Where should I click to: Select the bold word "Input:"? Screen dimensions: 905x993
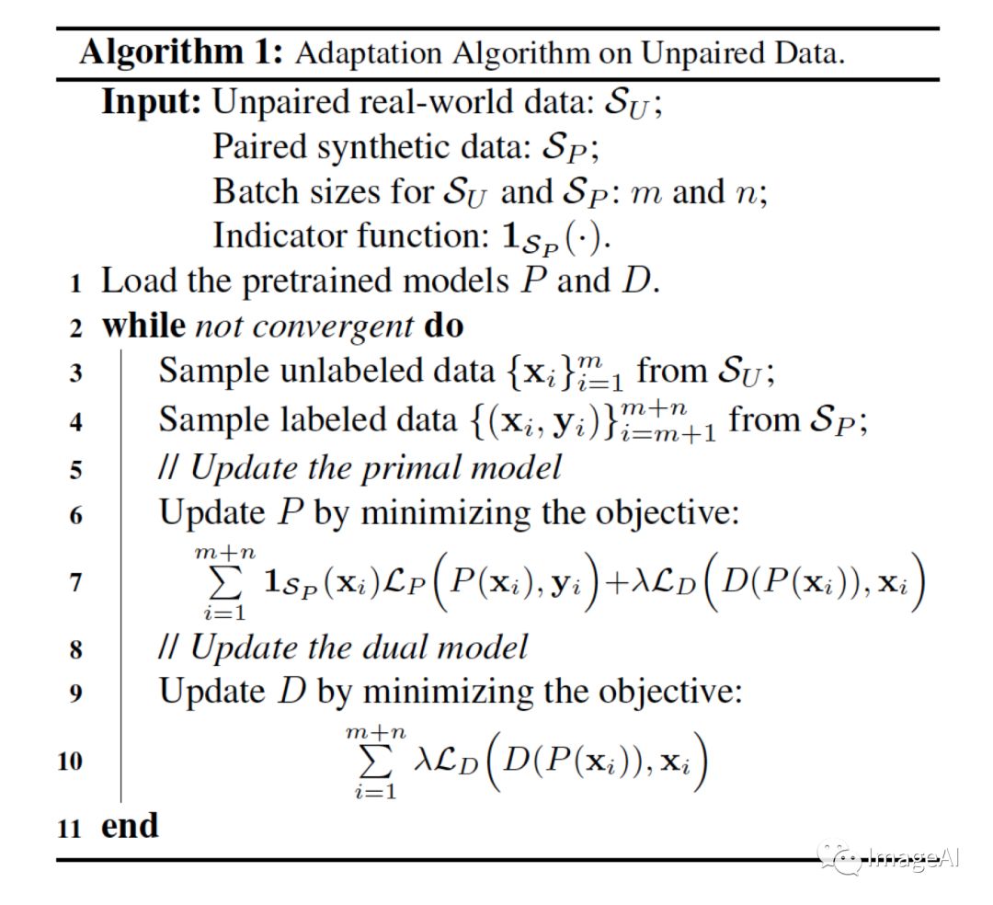tap(151, 101)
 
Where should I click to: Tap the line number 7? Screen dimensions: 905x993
tap(75, 581)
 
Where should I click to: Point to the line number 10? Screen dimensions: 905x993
tap(71, 762)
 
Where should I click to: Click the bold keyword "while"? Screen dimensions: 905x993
tap(142, 326)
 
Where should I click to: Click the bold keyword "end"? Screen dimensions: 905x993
tap(130, 825)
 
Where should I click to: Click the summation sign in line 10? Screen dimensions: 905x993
tap(375, 762)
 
